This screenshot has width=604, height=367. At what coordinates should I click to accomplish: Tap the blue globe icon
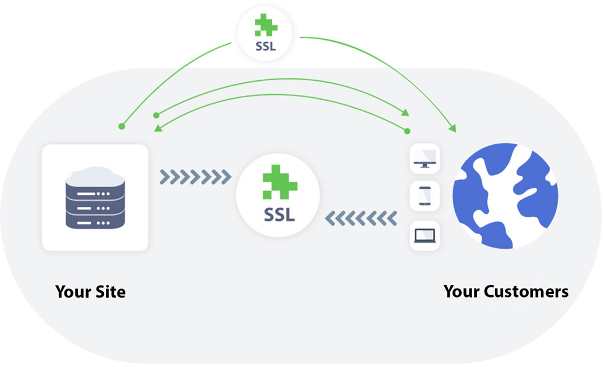506,196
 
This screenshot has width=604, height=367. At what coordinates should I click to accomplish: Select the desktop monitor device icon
425,159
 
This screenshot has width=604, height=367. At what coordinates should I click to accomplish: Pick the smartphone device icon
425,196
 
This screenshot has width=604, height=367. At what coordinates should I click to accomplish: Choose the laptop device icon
425,236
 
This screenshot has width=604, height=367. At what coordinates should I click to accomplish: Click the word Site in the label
110,292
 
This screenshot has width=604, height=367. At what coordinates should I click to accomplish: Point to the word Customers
526,292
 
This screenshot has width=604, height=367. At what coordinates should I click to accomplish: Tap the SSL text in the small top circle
265,46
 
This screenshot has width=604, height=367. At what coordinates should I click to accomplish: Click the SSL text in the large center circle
279,214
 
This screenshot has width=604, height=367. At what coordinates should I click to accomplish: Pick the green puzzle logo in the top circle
265,26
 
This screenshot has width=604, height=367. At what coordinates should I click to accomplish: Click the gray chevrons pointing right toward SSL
196,177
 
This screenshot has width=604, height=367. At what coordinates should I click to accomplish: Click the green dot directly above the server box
121,127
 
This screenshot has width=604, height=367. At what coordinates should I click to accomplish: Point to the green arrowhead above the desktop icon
406,113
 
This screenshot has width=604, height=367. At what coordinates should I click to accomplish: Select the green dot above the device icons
407,130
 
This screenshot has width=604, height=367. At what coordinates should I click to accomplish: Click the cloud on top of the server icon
95,175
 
